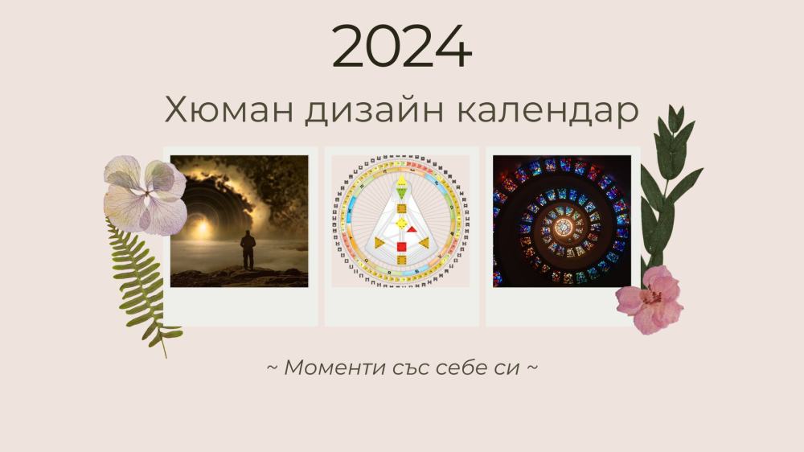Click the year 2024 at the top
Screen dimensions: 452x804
[401, 47]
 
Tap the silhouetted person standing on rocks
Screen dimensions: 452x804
[248, 250]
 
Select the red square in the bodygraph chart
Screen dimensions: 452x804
[402, 247]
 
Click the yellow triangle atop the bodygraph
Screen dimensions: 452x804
[402, 179]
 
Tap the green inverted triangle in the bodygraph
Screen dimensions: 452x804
[402, 193]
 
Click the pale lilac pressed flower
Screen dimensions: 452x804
[145, 194]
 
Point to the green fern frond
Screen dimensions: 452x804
[141, 281]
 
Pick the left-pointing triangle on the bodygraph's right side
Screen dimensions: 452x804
[424, 242]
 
